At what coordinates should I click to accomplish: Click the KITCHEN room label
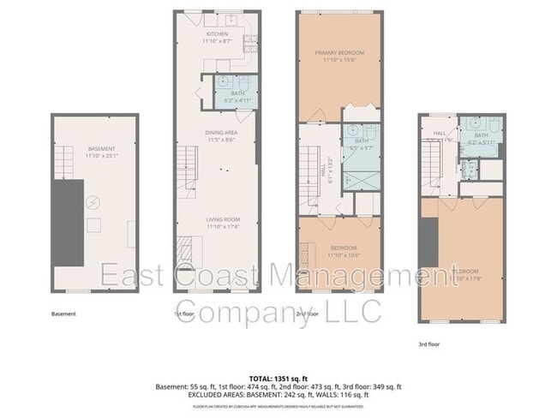(216, 34)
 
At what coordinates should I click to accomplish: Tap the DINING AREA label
(220, 132)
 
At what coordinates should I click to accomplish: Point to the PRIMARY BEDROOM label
(339, 53)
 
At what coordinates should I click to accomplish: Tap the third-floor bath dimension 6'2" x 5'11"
(481, 143)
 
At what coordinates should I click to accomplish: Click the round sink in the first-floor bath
(221, 81)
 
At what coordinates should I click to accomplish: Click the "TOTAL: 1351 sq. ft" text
(278, 378)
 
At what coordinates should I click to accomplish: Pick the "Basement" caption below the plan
(64, 314)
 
